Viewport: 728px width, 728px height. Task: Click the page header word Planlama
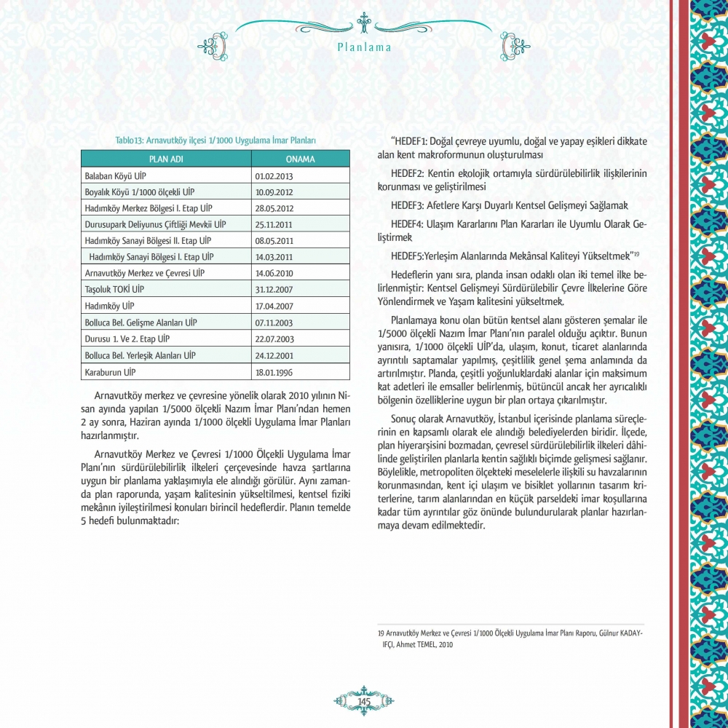(x=365, y=48)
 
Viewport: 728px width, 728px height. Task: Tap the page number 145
(x=364, y=700)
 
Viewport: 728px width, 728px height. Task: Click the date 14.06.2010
(x=274, y=274)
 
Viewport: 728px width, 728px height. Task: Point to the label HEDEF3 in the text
(x=407, y=205)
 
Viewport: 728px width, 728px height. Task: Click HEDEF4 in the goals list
(x=407, y=222)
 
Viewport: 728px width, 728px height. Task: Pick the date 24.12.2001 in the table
(x=274, y=356)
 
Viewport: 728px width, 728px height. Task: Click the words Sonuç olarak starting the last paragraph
(x=414, y=422)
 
